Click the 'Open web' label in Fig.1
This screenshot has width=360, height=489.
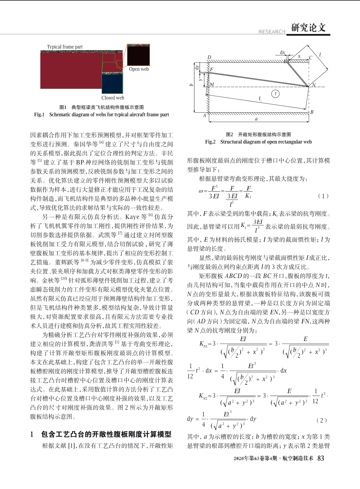[x=138, y=69]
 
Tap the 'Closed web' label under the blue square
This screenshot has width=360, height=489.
[x=113, y=98]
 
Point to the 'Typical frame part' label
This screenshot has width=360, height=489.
[x=65, y=47]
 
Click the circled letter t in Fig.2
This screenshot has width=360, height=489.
[x=276, y=94]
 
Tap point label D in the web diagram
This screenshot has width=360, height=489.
[x=209, y=58]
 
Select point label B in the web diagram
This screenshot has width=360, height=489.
[x=312, y=112]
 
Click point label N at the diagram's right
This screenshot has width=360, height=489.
[x=314, y=85]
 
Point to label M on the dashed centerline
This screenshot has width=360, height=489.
[x=212, y=85]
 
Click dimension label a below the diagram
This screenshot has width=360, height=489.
[x=256, y=119]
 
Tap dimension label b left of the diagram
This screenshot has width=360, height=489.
[x=191, y=85]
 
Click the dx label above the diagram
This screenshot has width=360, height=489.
[x=282, y=52]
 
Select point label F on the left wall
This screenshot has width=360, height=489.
[x=212, y=70]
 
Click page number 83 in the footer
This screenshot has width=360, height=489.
[x=321, y=458]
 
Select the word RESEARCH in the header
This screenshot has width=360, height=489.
[x=272, y=32]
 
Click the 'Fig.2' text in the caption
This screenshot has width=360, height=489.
[x=210, y=142]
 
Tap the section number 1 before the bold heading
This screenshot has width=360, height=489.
[x=32, y=435]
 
